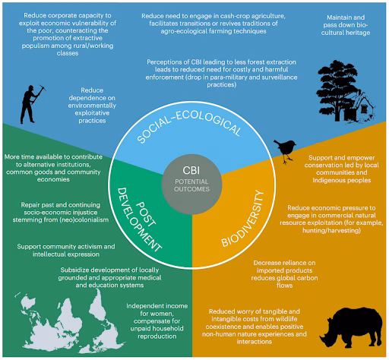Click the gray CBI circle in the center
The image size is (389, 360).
pos(191,184)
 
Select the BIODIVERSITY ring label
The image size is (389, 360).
pos(242,219)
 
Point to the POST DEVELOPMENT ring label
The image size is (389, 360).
pos(139,219)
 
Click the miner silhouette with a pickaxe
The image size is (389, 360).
pos(31,104)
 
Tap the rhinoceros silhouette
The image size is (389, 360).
pos(351,327)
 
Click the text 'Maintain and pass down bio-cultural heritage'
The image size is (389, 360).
pos(346,25)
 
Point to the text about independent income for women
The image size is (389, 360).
pos(157,321)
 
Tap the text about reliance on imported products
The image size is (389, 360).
pos(284,274)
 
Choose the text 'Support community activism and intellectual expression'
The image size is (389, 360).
pos(66,250)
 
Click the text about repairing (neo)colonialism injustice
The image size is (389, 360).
pos(61,212)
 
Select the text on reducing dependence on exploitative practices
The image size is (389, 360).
pos(92,106)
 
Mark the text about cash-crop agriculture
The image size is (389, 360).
pos(213,24)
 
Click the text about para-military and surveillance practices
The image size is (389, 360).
pos(221,73)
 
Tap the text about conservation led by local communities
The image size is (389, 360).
pos(342,169)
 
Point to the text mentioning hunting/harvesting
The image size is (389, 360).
pos(331,219)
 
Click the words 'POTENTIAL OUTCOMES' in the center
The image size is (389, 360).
pos(191,185)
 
